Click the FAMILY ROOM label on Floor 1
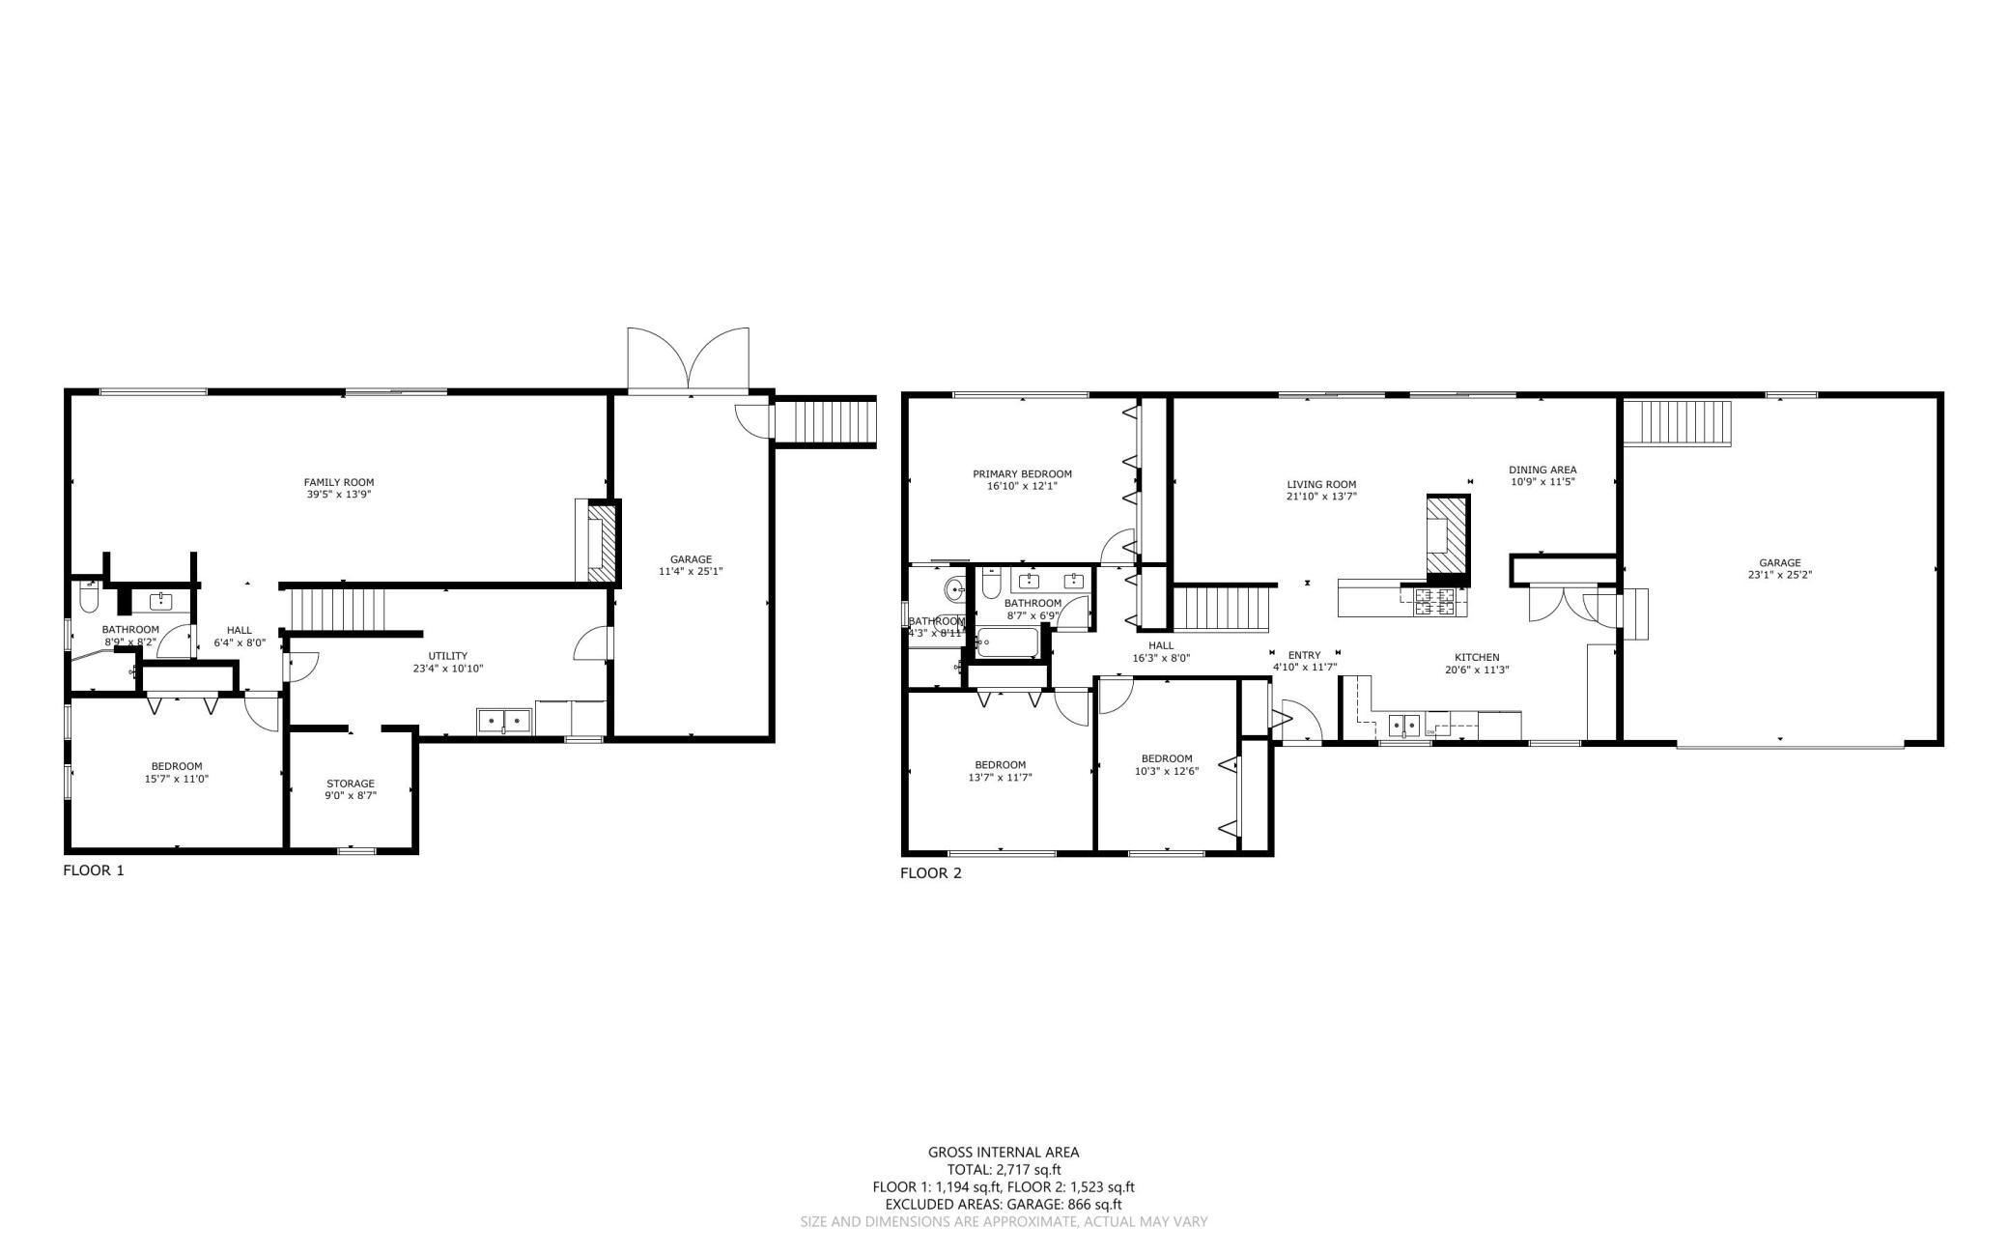338,482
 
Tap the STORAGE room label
351,784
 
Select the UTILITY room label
448,656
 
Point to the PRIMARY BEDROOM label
1022,473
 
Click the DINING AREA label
1542,470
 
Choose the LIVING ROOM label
1321,485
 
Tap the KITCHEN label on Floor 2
1478,657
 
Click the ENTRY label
1304,655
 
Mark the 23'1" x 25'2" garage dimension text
1779,575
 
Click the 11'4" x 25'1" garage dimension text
691,571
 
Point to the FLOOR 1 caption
94,870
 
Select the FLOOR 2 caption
931,874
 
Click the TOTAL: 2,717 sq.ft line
1004,1170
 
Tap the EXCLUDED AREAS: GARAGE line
1004,1205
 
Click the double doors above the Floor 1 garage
688,359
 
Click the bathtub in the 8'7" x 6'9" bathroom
1008,642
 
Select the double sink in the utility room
504,721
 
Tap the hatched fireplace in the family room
601,543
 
